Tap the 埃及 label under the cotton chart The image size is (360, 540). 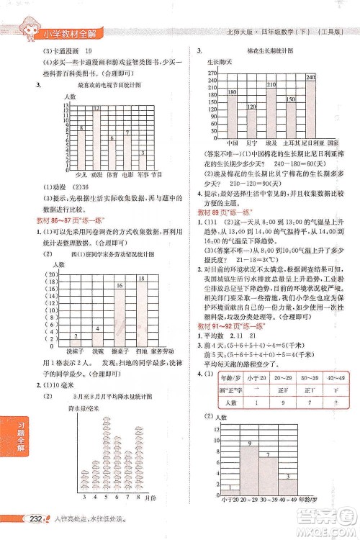[271, 143]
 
